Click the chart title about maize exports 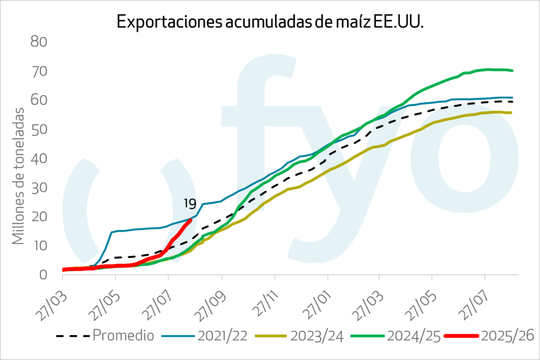coord(270,22)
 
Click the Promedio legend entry coord(122,335)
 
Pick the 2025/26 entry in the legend coord(507,335)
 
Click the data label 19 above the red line coord(190,204)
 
